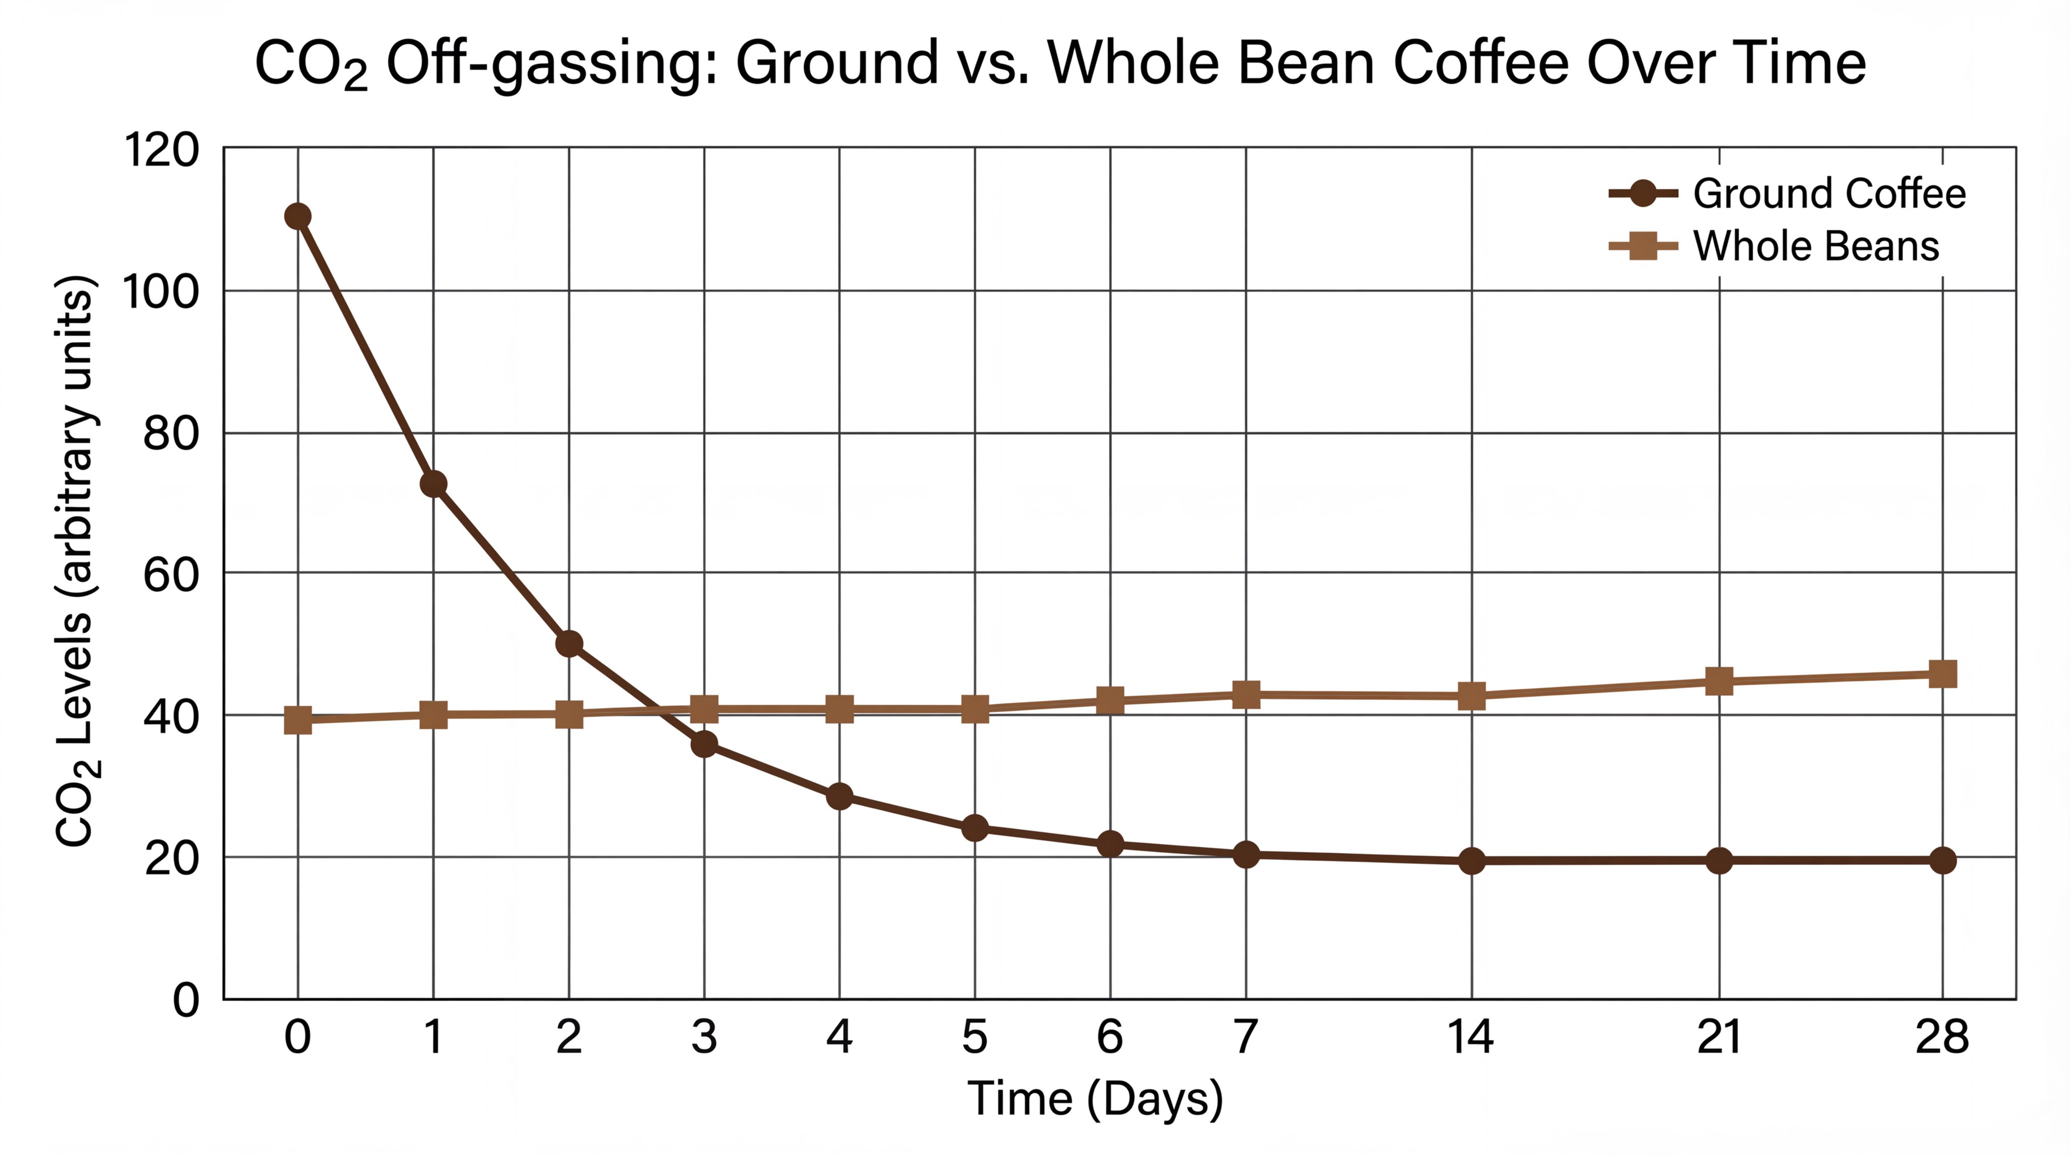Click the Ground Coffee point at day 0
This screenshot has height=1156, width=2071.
tap(297, 216)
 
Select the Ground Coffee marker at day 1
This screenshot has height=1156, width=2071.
tap(433, 484)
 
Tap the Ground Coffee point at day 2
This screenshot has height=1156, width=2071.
tap(568, 644)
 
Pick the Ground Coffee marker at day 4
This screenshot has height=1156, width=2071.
tap(839, 796)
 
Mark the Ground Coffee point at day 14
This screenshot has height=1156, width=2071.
tap(1471, 861)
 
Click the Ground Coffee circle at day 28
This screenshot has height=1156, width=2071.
tap(1943, 860)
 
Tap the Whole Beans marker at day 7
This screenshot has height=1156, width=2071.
tap(1245, 695)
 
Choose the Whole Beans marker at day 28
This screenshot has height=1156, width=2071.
tap(1943, 674)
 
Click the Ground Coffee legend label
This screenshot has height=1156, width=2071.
tap(1829, 194)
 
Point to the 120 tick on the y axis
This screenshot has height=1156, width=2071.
tap(161, 150)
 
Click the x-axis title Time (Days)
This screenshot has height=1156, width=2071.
tap(1095, 1098)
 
